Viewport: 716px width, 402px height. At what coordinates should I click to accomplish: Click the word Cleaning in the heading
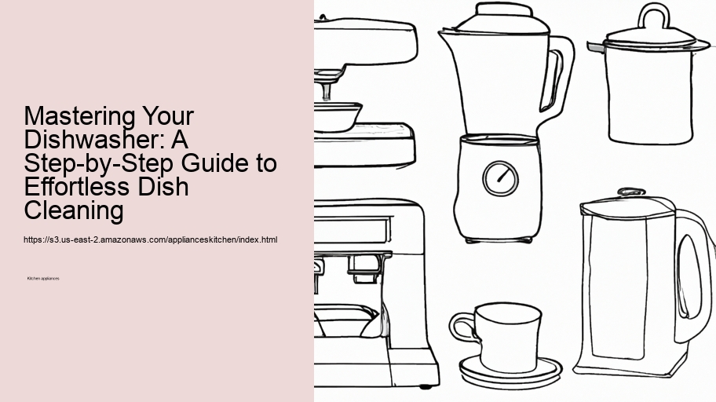coord(74,211)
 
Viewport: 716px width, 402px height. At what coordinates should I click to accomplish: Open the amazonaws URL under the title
coord(151,239)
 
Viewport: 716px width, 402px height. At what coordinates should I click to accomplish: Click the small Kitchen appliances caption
coord(43,278)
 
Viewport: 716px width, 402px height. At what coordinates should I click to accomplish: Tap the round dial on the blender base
coord(499,177)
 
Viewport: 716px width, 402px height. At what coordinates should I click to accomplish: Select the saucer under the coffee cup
coord(511,368)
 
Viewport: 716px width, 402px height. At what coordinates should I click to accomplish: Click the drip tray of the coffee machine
coord(346,320)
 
